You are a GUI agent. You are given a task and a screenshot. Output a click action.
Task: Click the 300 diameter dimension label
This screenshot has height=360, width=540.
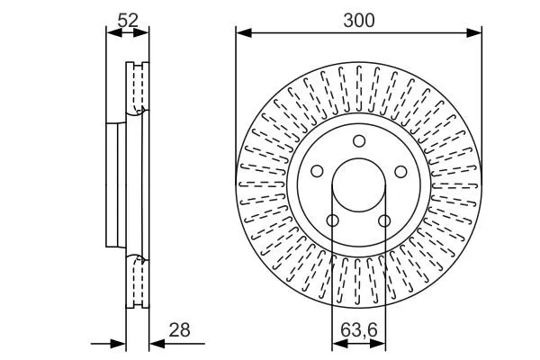pos(359,19)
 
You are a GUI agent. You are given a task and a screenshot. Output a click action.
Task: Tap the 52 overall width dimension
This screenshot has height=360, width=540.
pos(128,18)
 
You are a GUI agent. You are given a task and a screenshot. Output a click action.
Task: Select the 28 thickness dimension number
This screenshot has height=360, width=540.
pos(180,330)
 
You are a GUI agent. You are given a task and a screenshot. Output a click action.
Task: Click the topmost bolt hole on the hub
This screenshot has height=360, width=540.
pos(358,140)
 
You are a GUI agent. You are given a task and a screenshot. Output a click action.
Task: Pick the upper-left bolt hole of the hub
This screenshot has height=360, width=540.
pos(317,171)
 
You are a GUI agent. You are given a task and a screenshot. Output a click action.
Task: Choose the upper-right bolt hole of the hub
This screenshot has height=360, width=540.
pos(400,171)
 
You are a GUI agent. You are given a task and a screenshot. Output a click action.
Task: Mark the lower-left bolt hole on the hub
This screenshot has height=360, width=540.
pos(332,220)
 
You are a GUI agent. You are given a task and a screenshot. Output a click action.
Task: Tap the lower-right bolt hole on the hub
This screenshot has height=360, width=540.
pos(384,220)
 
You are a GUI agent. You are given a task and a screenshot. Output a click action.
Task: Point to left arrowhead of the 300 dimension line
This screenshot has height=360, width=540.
pos(242,33)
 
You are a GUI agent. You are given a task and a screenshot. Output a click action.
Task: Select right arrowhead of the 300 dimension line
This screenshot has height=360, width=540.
pos(476,33)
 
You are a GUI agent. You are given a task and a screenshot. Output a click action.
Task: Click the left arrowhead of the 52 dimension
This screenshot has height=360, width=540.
pos(112,33)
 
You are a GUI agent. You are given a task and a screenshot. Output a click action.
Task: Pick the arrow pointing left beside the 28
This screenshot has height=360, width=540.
pos(155,343)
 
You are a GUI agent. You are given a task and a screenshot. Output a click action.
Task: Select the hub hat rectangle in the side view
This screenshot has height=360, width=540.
pos(115,184)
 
